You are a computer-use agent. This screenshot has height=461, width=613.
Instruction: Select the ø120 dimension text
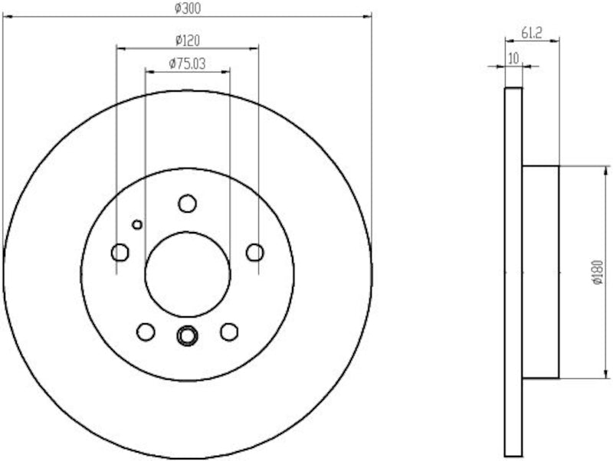coord(187,40)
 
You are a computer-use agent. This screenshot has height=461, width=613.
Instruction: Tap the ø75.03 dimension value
coord(187,64)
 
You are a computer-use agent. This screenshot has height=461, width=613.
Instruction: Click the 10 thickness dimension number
coord(513,57)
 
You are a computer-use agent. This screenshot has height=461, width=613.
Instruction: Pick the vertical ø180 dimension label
coord(598,272)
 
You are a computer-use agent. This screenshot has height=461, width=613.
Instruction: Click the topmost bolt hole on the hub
coord(187,203)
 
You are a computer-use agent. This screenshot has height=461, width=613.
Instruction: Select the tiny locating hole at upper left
coord(137,224)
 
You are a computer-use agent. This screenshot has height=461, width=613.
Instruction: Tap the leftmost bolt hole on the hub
coord(120,252)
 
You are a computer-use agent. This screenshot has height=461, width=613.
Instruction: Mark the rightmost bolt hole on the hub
coord(255,252)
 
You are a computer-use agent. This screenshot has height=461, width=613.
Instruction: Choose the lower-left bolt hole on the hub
coord(145,332)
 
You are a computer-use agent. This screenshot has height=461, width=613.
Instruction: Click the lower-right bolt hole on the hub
coord(228,332)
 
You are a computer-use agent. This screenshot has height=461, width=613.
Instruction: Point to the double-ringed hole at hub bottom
coord(187,335)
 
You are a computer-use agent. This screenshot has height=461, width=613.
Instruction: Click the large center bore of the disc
coord(187,273)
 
